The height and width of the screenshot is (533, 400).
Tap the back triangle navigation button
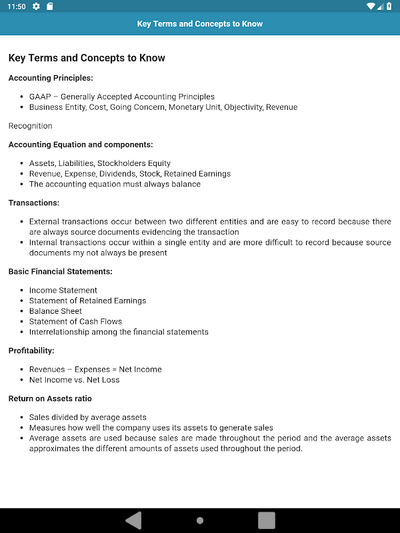(134, 520)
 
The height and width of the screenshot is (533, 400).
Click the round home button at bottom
(200, 520)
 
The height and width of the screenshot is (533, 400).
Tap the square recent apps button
(267, 520)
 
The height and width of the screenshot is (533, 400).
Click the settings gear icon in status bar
(36, 7)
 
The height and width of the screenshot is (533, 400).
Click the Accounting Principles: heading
(51, 78)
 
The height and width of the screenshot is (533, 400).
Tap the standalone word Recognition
(30, 126)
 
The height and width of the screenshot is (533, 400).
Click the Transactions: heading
(34, 203)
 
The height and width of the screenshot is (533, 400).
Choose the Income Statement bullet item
(63, 290)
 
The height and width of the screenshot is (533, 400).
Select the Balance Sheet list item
(55, 311)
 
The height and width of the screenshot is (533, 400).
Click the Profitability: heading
(31, 350)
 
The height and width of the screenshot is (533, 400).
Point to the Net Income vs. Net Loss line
(74, 380)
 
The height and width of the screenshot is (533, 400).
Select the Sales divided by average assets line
(87, 417)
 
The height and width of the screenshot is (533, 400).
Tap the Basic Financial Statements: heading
(60, 271)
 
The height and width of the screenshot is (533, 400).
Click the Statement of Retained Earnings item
(87, 300)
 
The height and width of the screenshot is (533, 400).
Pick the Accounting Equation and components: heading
(81, 144)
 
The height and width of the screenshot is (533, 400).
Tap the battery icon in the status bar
(389, 7)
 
